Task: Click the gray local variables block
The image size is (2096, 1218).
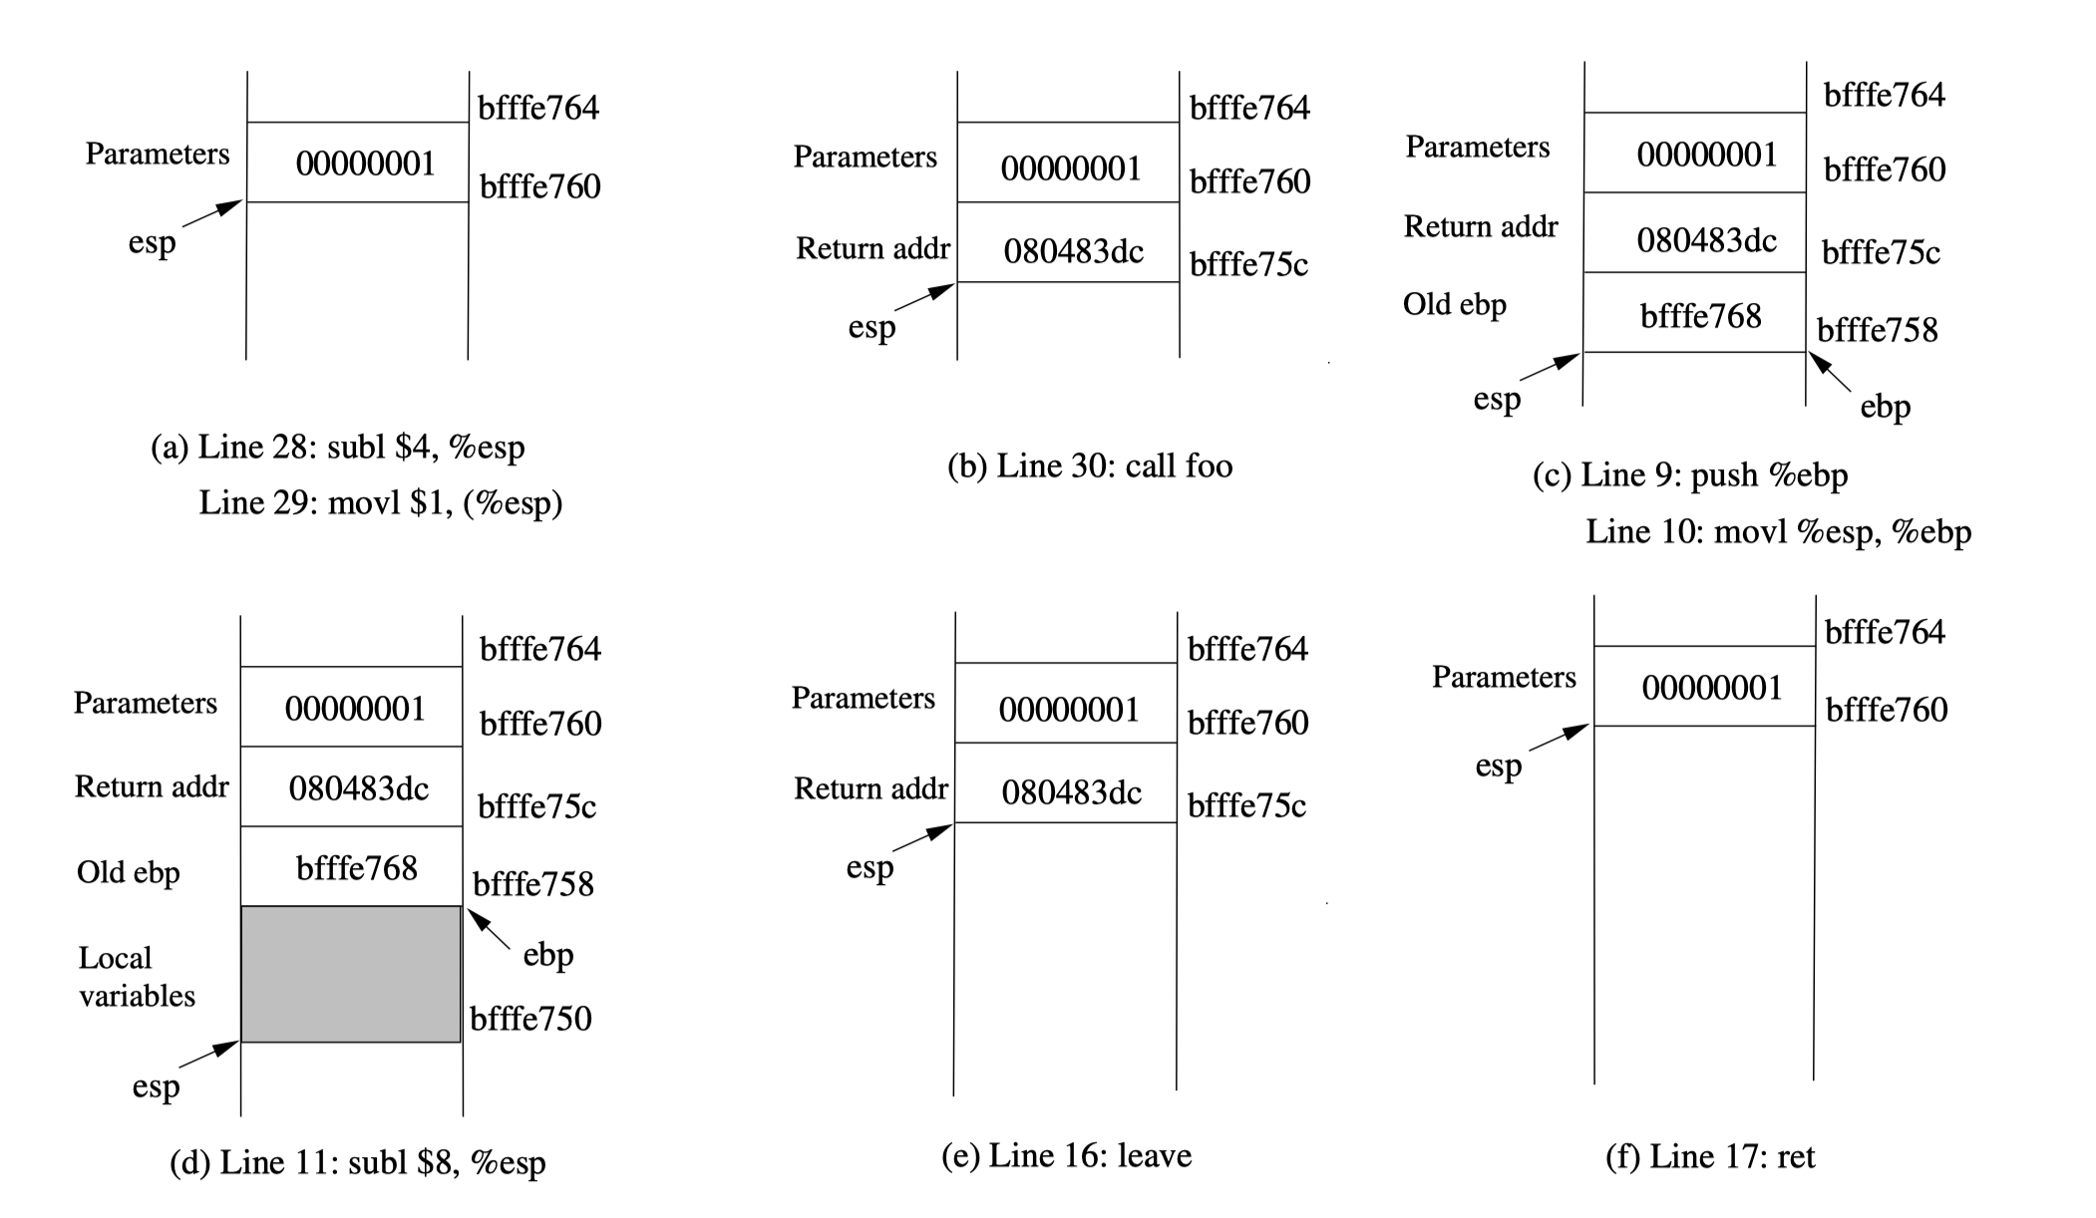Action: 351,974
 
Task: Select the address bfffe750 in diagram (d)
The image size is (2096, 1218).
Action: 530,1019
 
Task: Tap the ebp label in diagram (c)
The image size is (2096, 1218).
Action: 1885,407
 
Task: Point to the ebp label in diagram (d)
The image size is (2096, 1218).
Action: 547,955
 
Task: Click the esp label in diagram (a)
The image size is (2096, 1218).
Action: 152,242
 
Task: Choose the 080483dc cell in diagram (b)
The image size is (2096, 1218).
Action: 1073,251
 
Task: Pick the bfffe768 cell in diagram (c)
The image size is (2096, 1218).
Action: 1700,316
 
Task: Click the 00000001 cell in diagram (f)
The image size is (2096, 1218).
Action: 1711,688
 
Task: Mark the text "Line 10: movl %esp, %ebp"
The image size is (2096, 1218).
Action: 1778,531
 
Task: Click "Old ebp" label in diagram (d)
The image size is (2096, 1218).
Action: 129,872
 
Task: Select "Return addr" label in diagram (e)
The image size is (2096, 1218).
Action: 871,788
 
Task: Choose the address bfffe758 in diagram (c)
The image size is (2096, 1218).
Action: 1877,330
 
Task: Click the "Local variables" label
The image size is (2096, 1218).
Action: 137,977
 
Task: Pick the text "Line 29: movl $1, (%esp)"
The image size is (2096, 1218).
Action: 380,502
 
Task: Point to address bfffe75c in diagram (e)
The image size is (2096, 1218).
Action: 1246,805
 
